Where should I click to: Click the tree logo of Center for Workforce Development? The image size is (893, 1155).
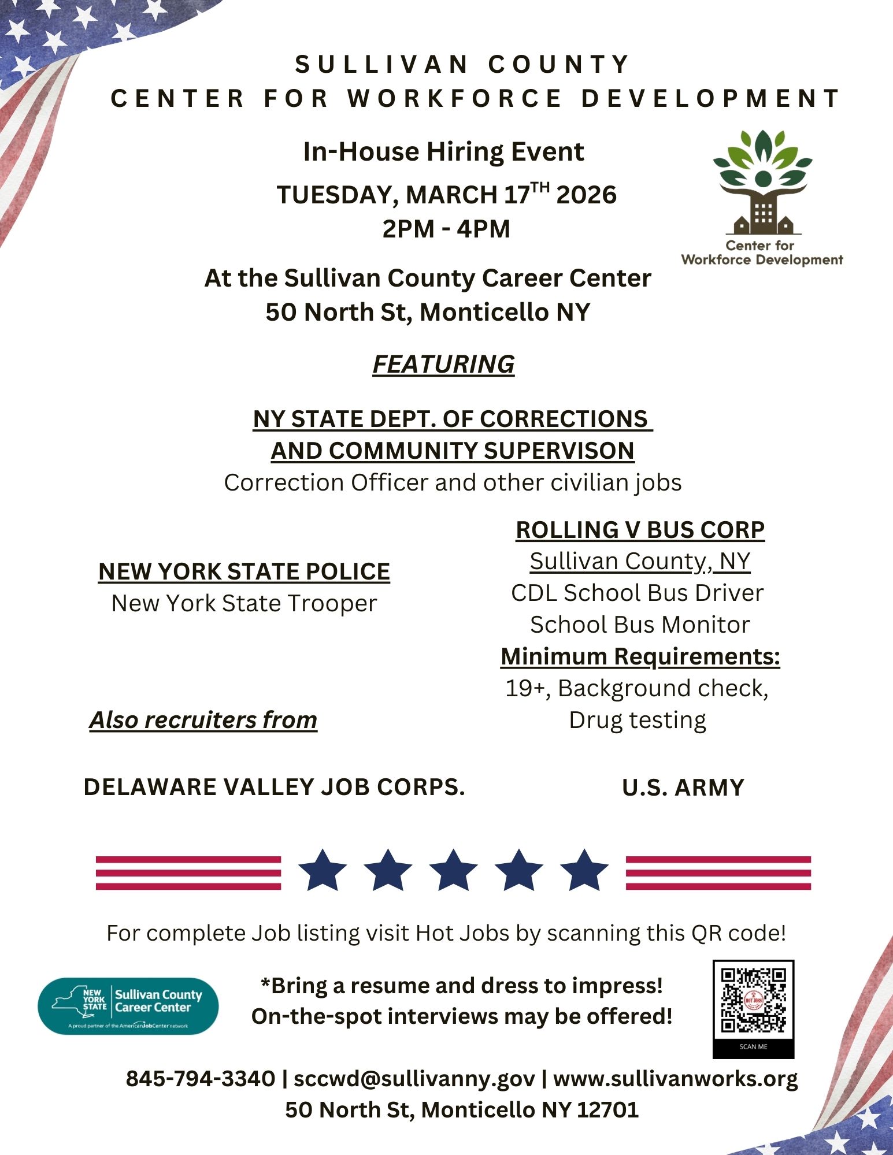762,182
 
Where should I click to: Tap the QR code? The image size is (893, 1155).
753,1000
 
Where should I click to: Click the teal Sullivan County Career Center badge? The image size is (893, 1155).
128,1006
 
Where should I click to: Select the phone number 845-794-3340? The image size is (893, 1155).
201,1079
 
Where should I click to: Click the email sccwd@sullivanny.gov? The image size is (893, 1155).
414,1079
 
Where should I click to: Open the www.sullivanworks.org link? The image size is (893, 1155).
675,1079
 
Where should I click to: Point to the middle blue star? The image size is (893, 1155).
454,870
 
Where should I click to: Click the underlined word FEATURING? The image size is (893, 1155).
443,364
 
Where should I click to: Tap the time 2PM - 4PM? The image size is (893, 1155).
446,229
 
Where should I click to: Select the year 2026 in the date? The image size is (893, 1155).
586,195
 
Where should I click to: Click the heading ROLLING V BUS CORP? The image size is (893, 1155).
640,530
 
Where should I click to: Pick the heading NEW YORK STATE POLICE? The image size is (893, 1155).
244,571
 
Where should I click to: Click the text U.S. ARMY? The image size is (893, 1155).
683,788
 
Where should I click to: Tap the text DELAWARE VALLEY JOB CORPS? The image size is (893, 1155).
274,787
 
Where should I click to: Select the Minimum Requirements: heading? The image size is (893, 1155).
640,656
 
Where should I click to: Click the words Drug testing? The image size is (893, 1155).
638,720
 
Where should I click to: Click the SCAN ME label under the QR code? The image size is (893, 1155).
753,1047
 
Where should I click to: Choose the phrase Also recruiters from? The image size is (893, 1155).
203,720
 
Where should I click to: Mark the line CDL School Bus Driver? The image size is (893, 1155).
638,593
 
